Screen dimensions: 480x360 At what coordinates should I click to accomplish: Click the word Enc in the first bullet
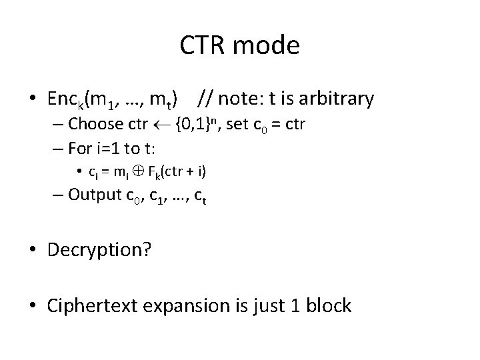pos(62,100)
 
